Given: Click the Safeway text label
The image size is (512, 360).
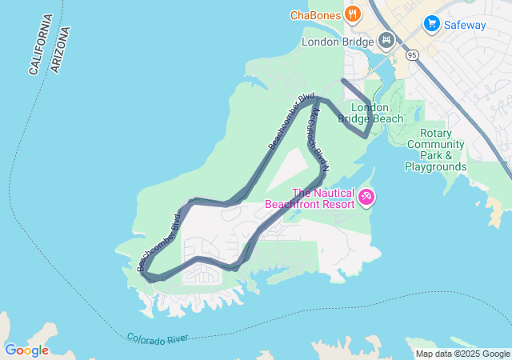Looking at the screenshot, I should click(466, 24).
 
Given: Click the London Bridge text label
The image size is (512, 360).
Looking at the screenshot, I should click(338, 42).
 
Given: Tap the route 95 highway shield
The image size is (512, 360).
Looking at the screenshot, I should click(412, 55).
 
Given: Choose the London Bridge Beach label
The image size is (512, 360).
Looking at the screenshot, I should click(371, 114).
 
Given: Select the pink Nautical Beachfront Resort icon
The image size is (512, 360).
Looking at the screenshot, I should click(366, 196).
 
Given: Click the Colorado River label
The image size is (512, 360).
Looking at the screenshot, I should click(158, 338).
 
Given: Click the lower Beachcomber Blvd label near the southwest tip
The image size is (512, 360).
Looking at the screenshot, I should click(159, 242).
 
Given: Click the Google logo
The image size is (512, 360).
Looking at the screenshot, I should click(26, 350).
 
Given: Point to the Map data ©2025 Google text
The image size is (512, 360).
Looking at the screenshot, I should click(462, 354).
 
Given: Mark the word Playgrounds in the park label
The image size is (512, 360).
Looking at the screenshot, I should click(436, 167).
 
